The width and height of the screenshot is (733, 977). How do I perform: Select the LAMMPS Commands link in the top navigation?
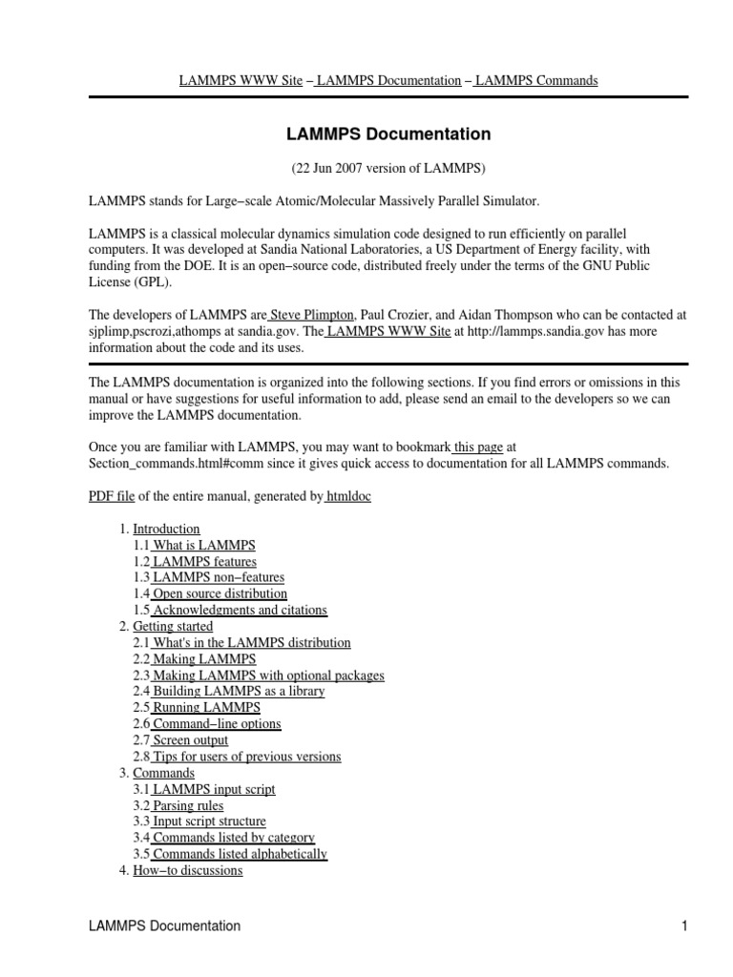point(536,81)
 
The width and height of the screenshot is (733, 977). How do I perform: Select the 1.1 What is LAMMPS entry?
point(203,545)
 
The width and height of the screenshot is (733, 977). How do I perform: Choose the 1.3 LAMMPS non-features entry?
point(218,577)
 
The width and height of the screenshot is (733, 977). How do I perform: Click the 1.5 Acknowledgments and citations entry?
point(239,610)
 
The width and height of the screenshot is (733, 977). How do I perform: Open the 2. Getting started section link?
point(173,627)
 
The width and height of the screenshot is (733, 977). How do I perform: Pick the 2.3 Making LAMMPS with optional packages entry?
point(267,676)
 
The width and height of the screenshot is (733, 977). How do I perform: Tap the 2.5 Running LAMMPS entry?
point(205,708)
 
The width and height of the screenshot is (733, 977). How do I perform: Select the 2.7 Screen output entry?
point(190,740)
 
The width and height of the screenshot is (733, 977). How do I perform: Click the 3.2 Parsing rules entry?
point(187,805)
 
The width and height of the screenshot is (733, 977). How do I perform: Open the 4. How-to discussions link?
point(187,870)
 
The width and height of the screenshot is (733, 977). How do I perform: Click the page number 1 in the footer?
point(684,925)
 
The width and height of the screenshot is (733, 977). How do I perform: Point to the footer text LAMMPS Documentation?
point(164,925)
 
